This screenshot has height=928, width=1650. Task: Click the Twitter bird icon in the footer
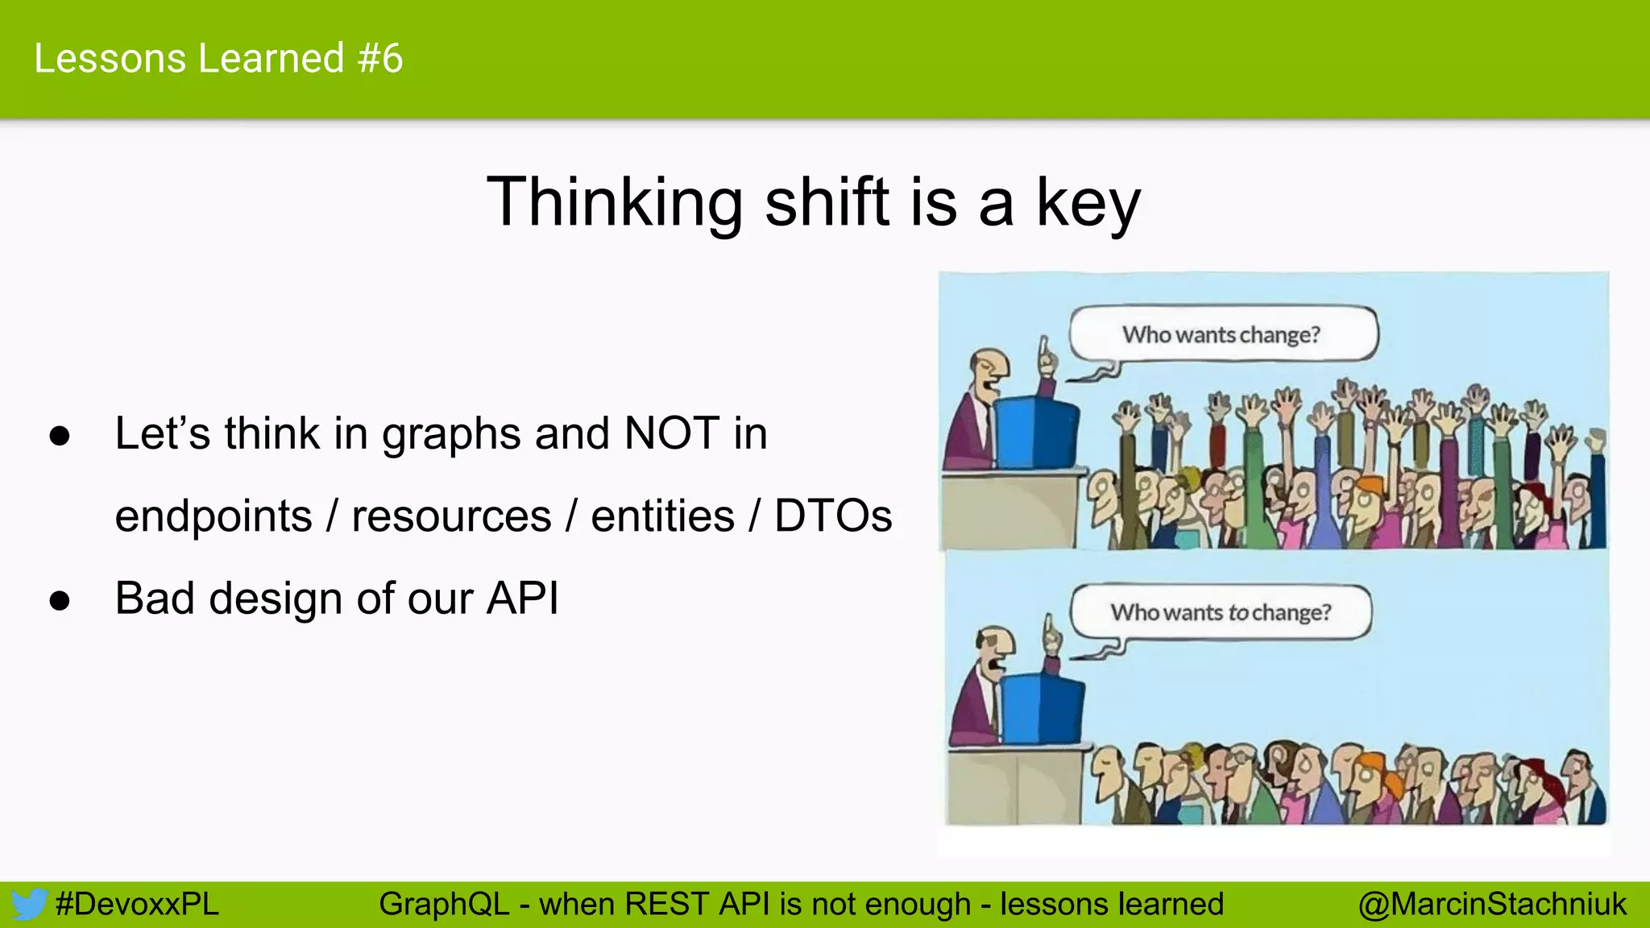click(29, 904)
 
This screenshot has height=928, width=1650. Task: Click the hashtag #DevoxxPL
click(137, 904)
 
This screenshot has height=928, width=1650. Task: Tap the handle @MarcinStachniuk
click(1492, 904)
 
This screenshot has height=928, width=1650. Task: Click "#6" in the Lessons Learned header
click(380, 58)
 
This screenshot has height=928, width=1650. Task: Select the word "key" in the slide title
click(1088, 203)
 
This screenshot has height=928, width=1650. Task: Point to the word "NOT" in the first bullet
click(672, 433)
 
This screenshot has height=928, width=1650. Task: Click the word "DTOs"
click(833, 516)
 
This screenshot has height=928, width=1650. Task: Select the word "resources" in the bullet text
click(451, 516)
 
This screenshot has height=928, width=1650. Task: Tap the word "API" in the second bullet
click(522, 599)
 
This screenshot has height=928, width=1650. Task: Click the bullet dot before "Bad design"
click(60, 601)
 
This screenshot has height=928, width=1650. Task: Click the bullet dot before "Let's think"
click(60, 436)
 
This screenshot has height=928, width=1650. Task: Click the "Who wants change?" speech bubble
click(1222, 333)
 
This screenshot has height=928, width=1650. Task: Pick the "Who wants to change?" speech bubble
click(1221, 612)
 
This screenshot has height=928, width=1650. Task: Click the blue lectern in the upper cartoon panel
click(1035, 431)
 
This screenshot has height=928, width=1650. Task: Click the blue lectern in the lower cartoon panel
click(1042, 709)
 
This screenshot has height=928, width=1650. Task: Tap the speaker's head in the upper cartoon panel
click(989, 370)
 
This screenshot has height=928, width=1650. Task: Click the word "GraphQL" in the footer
click(444, 904)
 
